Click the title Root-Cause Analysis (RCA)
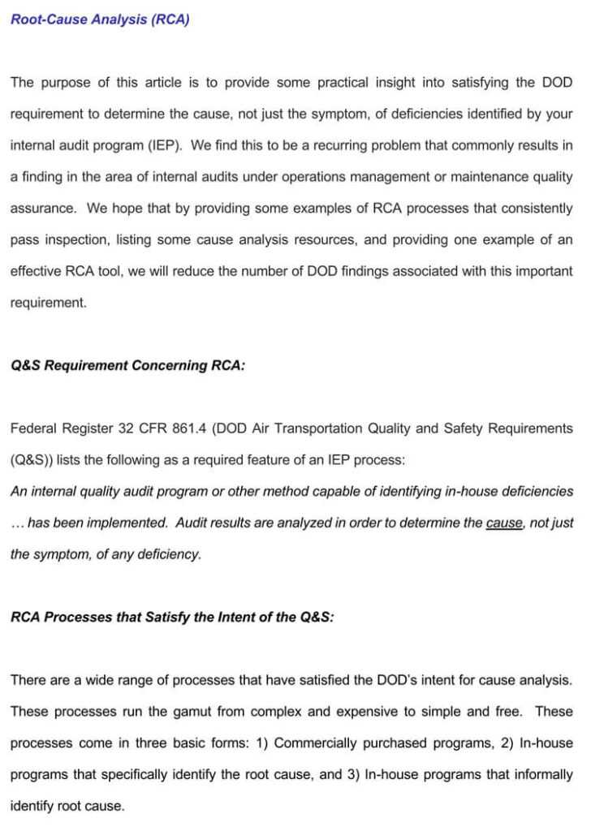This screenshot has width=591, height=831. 100,19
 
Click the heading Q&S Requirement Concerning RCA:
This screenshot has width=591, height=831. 127,365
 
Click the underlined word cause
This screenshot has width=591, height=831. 504,523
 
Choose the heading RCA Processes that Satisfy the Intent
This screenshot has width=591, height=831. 172,617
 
